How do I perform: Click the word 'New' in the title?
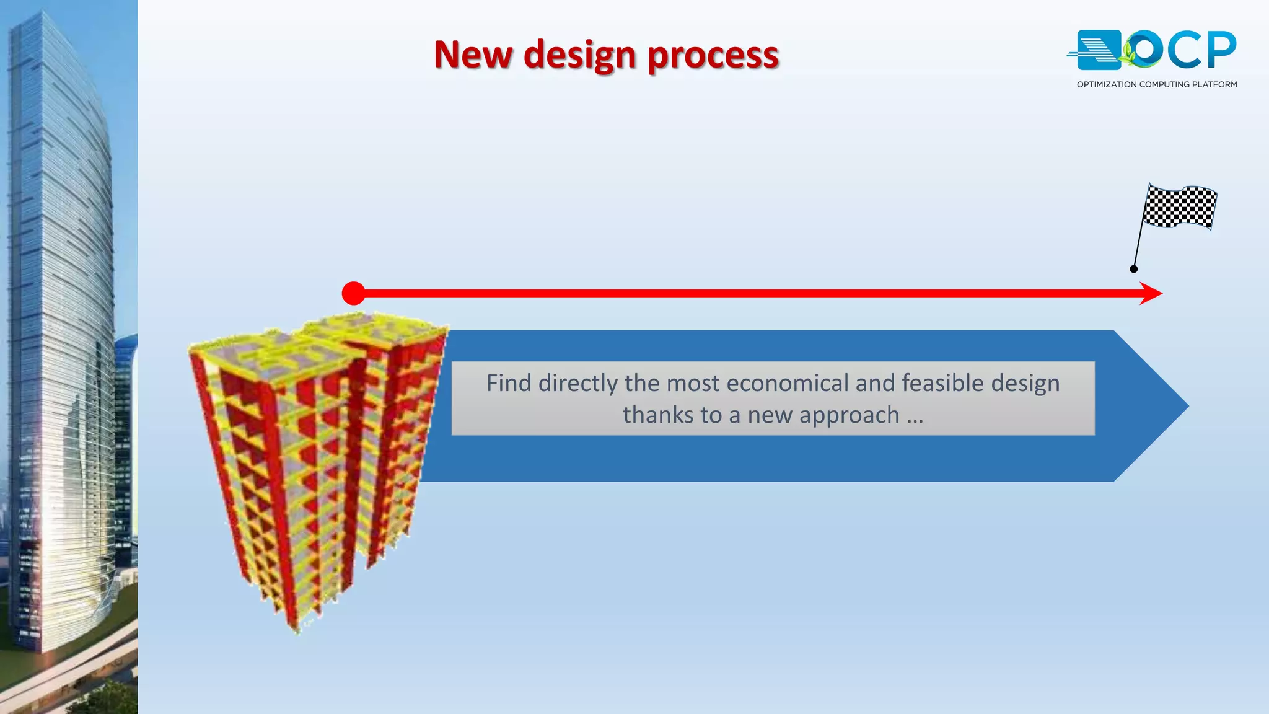(x=473, y=55)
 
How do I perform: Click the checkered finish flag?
(x=1180, y=207)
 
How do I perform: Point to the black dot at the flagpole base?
(x=1133, y=269)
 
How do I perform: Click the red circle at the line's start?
(x=353, y=293)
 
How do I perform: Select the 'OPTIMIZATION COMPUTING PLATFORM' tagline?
(x=1156, y=84)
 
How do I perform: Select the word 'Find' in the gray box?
(x=508, y=383)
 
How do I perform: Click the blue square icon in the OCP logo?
(x=1098, y=50)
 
